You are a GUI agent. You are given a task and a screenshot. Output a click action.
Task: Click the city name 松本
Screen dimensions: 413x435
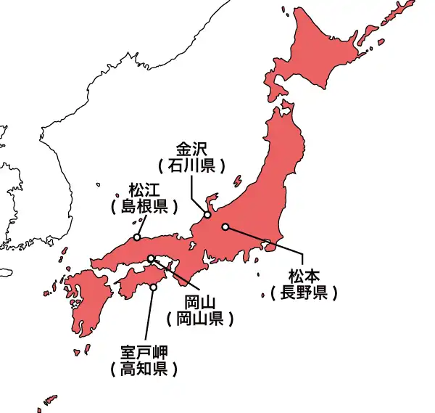[x=303, y=277]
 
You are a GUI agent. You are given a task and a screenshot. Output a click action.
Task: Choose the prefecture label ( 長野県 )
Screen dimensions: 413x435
[x=303, y=293]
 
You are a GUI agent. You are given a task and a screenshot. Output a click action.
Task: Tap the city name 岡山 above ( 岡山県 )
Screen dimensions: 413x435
[x=199, y=301]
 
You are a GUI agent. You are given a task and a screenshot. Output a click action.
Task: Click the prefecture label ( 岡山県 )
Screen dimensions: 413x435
[x=199, y=318]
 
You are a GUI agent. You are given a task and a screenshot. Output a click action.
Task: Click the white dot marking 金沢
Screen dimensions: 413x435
[x=207, y=215]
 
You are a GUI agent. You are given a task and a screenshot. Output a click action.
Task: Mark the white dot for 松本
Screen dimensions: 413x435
[x=225, y=226]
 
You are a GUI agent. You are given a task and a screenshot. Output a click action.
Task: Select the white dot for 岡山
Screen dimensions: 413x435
[x=151, y=259]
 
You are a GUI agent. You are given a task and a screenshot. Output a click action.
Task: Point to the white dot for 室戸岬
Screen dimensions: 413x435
[x=153, y=287]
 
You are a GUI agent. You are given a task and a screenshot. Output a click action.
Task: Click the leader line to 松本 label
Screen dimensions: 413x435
[x=268, y=242]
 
